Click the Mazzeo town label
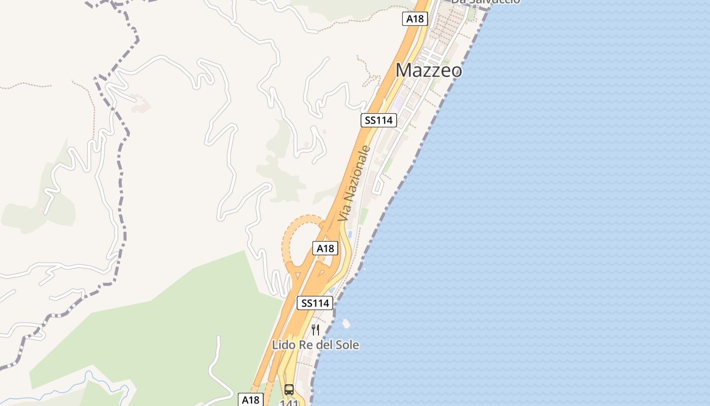(429, 70)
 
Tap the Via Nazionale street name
(354, 183)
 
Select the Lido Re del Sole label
(315, 345)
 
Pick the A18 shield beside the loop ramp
(325, 248)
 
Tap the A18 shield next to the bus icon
(251, 399)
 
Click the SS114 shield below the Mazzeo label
(379, 120)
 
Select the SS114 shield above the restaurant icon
(315, 303)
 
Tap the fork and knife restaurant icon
(315, 330)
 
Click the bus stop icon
(289, 390)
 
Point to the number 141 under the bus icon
(289, 402)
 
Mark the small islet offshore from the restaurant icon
(346, 323)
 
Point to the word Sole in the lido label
(346, 345)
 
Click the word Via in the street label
(344, 212)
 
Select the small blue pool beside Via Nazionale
(349, 234)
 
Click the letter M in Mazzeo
(404, 70)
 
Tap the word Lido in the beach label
(283, 345)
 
